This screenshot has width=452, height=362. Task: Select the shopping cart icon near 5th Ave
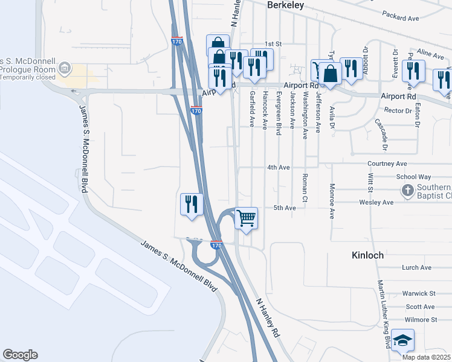(x=247, y=218)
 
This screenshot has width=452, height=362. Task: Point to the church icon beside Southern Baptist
(x=408, y=191)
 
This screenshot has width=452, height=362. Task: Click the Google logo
(x=20, y=355)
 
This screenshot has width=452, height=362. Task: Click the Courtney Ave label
(x=387, y=164)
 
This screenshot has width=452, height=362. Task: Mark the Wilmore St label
(x=421, y=319)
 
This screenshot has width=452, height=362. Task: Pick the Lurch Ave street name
(x=417, y=267)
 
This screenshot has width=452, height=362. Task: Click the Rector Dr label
(x=398, y=110)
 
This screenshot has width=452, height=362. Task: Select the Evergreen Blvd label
(x=279, y=113)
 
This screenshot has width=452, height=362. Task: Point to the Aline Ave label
(x=430, y=54)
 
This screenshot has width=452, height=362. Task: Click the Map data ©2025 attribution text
(x=427, y=357)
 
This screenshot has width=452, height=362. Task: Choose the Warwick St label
(x=419, y=293)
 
